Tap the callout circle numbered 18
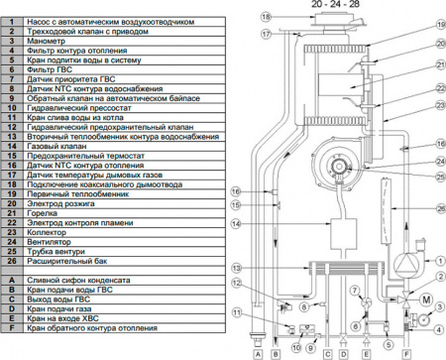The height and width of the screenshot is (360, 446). point(237,17)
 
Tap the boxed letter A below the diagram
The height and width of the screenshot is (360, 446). point(257,352)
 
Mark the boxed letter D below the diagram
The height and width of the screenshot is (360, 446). point(341,352)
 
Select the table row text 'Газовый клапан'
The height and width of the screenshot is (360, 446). point(59,145)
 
